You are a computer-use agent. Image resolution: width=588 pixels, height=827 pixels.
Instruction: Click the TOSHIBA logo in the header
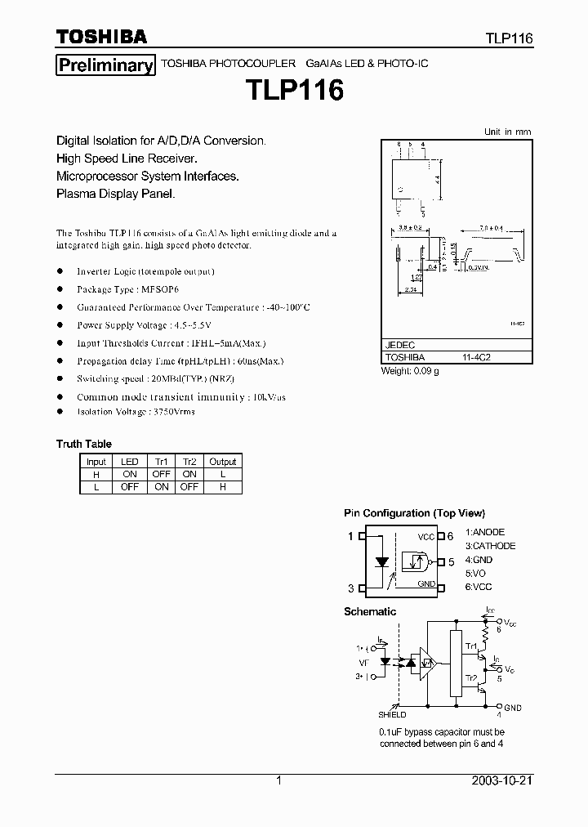pyautogui.click(x=100, y=37)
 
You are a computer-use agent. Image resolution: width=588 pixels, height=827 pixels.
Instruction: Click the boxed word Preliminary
pyautogui.click(x=105, y=65)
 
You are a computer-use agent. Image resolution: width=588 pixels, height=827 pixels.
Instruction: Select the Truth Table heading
pyautogui.click(x=83, y=444)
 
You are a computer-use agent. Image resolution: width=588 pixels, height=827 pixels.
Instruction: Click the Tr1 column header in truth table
pyautogui.click(x=161, y=462)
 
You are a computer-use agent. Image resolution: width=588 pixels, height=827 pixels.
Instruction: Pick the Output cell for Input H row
pyautogui.click(x=222, y=474)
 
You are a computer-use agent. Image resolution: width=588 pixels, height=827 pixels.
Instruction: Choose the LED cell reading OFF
pyautogui.click(x=129, y=486)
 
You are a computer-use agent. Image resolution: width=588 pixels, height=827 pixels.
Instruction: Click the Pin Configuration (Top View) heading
pyautogui.click(x=414, y=513)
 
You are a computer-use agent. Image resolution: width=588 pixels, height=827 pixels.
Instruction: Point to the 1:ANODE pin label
pyautogui.click(x=485, y=532)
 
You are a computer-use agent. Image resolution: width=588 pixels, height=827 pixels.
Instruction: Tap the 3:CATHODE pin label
pyautogui.click(x=490, y=546)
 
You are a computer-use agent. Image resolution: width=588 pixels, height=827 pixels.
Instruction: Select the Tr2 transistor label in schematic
pyautogui.click(x=471, y=678)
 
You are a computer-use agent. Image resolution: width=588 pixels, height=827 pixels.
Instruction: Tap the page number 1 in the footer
pyautogui.click(x=279, y=780)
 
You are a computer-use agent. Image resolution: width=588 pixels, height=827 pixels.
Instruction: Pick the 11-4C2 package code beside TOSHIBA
pyautogui.click(x=477, y=357)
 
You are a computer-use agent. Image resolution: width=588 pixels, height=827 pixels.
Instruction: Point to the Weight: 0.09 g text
pyautogui.click(x=410, y=371)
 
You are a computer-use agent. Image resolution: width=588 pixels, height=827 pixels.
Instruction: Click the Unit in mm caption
pyautogui.click(x=507, y=132)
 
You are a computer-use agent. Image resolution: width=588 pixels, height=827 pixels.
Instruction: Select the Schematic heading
pyautogui.click(x=370, y=611)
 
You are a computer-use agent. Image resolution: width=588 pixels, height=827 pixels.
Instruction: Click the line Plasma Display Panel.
pyautogui.click(x=115, y=194)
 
